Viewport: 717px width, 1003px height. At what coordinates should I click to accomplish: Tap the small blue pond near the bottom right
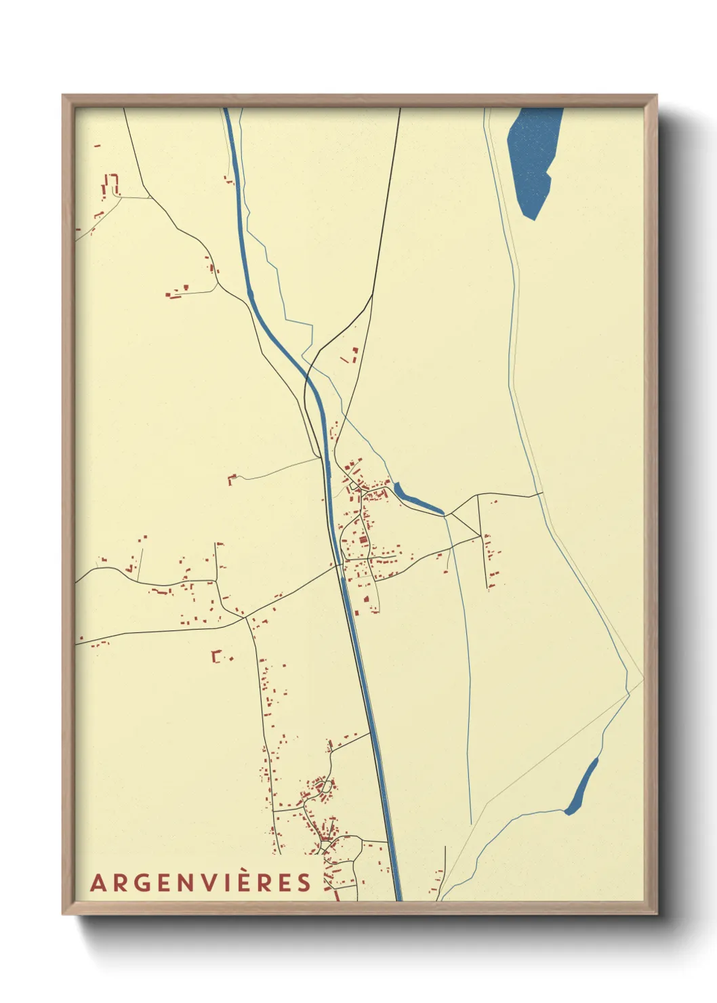581,786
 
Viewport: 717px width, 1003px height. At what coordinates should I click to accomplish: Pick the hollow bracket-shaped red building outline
216,656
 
